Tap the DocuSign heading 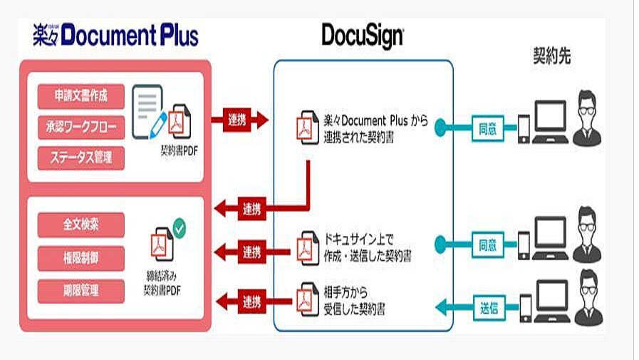(x=363, y=36)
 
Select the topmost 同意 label (x=488, y=128)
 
